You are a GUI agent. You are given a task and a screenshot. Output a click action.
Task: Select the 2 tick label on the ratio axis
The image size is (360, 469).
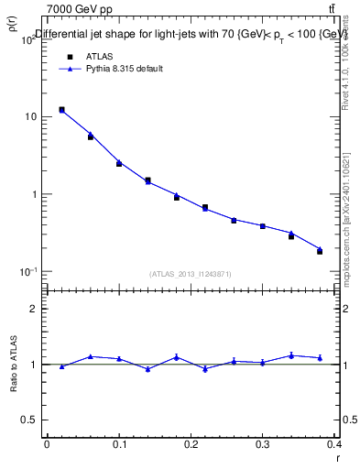pos(34,310)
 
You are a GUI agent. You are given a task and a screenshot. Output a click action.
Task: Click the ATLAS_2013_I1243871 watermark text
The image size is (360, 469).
pos(189,275)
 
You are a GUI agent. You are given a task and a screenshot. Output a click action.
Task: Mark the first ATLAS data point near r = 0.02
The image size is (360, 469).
pos(61,110)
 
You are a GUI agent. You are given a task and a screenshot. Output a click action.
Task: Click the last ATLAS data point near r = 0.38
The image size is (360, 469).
pos(320,251)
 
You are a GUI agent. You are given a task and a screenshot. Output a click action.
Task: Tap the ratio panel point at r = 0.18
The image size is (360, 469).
pos(177,357)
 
